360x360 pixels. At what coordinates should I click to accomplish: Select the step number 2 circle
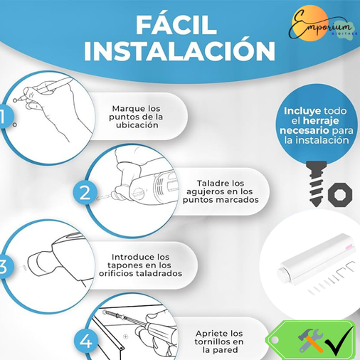(x=85, y=192)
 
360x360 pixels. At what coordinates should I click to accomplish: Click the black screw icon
(x=314, y=181)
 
